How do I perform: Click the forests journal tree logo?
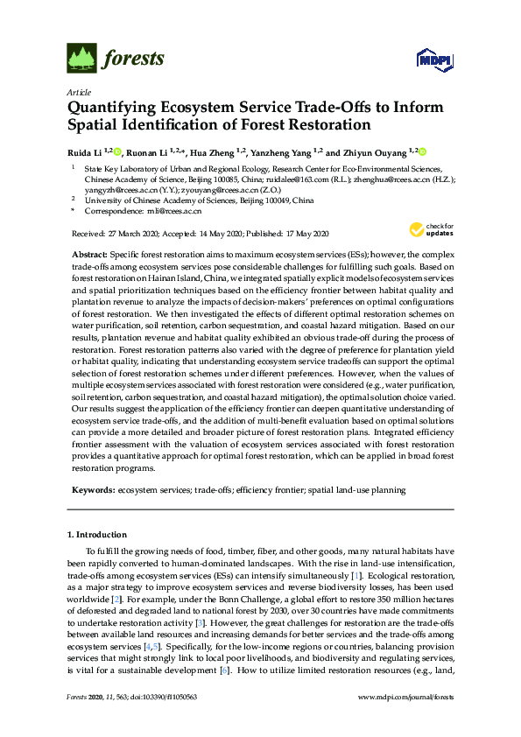pyautogui.click(x=81, y=59)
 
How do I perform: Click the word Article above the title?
pyautogui.click(x=79, y=92)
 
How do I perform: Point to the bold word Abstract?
pyautogui.click(x=92, y=252)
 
